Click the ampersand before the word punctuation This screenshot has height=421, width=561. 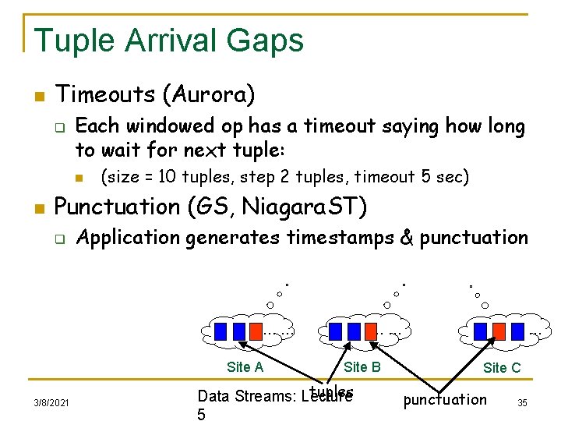pos(406,237)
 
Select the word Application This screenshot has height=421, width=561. pos(129,237)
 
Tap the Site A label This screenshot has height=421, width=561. pos(245,367)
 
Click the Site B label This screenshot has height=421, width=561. pos(362,367)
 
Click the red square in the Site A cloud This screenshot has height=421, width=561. pos(256,331)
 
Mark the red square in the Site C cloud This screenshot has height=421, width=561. pos(499,331)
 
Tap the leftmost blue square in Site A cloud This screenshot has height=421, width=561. pos(221,331)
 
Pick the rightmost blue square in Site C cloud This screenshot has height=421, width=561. pos(517,331)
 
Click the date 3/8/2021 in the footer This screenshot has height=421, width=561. pos(51,402)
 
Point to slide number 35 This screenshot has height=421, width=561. pos(522,402)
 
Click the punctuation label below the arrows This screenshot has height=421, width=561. pos(444,400)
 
